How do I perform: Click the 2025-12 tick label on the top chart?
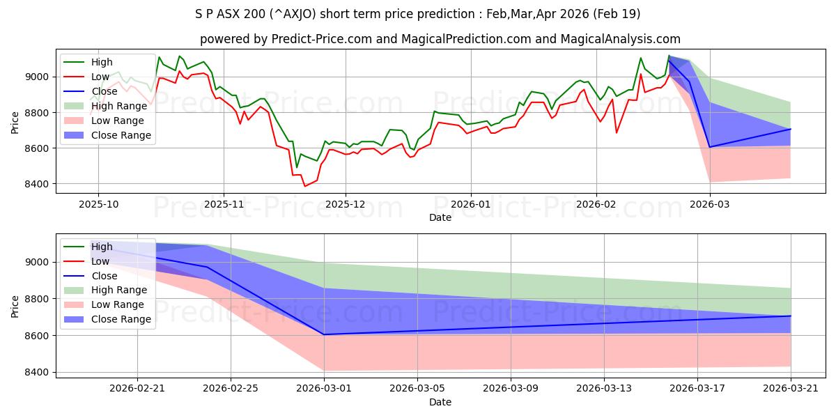[346, 204]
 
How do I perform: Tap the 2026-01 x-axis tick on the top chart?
[470, 204]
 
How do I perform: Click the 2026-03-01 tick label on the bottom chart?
[324, 389]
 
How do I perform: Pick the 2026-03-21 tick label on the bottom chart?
[791, 389]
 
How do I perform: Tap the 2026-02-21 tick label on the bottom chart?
[137, 389]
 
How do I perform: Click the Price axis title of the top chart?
[15, 122]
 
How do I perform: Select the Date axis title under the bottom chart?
[440, 403]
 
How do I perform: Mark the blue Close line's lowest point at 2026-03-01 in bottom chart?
[324, 334]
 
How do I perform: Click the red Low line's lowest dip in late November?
[304, 186]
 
